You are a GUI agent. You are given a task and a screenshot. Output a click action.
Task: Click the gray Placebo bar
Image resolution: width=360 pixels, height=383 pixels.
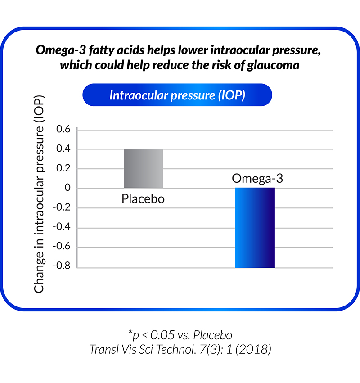144,168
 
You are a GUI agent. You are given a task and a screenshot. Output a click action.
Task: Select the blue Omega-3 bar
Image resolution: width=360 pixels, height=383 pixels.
255,228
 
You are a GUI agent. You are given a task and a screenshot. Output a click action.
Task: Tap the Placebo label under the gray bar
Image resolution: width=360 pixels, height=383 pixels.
143,199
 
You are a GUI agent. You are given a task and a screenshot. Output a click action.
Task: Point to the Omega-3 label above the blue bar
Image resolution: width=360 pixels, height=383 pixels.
257,178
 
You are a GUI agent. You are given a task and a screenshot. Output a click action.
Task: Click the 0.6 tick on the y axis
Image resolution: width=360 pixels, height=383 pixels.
63,129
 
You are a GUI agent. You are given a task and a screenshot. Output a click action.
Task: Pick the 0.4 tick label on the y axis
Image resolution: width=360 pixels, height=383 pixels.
63,149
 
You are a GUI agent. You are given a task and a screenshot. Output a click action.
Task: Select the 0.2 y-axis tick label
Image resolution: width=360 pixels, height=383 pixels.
63,168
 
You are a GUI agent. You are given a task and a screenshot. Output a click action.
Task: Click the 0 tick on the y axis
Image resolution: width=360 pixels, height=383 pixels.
67,188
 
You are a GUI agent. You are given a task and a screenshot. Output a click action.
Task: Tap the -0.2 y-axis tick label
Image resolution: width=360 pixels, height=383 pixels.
62,207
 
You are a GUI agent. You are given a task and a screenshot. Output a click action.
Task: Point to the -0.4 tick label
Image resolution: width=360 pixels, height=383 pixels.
62,227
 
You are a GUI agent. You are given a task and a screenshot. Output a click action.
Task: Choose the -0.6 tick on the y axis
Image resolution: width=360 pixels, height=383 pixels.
62,246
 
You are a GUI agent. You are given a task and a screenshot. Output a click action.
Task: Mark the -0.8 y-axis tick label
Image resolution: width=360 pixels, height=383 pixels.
62,266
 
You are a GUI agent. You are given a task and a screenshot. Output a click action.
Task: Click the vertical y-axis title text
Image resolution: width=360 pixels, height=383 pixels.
39,194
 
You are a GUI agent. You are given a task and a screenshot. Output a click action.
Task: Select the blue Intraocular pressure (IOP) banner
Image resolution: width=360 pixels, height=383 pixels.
177,95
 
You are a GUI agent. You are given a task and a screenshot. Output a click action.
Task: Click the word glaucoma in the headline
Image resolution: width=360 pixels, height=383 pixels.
273,65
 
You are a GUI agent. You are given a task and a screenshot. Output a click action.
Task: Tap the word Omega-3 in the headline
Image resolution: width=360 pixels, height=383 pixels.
61,50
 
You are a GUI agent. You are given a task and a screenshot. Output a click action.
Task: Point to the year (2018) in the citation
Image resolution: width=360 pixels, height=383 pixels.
253,349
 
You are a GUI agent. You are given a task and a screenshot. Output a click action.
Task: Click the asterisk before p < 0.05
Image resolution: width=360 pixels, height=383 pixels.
130,332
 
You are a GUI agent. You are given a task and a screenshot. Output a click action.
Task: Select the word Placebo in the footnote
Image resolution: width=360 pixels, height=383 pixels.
212,335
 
